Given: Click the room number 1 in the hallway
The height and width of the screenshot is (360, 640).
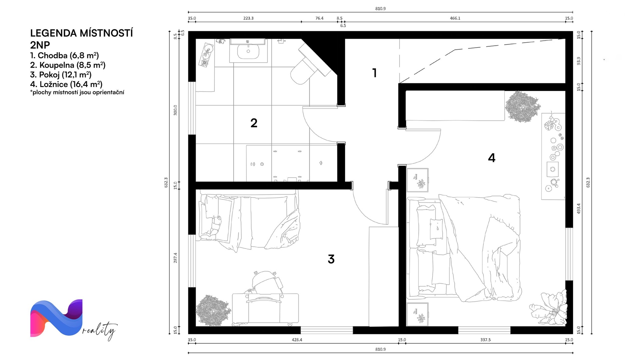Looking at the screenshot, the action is coord(375,73).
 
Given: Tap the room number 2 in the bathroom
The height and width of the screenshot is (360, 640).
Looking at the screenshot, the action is coord(254,123).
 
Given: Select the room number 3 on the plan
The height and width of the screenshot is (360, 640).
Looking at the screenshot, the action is coord(331,259).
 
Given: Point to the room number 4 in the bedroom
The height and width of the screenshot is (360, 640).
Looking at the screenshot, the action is coord(492,158).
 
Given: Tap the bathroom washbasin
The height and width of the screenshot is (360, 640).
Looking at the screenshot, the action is coord(248,51).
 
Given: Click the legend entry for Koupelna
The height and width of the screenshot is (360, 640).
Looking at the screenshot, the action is coord(68,65).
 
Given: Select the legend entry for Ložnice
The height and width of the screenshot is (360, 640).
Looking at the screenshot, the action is coord(66,84).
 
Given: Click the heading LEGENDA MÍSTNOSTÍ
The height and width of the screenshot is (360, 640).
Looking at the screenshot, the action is coord(82,33).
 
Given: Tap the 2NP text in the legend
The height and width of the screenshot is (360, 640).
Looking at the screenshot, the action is coord(40,45).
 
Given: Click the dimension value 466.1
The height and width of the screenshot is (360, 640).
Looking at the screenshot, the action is coord(455,18).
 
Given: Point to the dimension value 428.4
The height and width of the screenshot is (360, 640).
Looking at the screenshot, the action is coord(297,340).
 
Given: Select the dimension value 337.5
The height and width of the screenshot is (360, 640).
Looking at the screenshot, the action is coord(485,340).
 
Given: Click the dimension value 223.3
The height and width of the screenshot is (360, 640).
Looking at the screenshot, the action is coord(248,18).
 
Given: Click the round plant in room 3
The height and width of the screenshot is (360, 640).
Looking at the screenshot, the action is coord(213,311).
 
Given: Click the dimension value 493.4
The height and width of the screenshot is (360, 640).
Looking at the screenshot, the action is coord(579,208).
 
